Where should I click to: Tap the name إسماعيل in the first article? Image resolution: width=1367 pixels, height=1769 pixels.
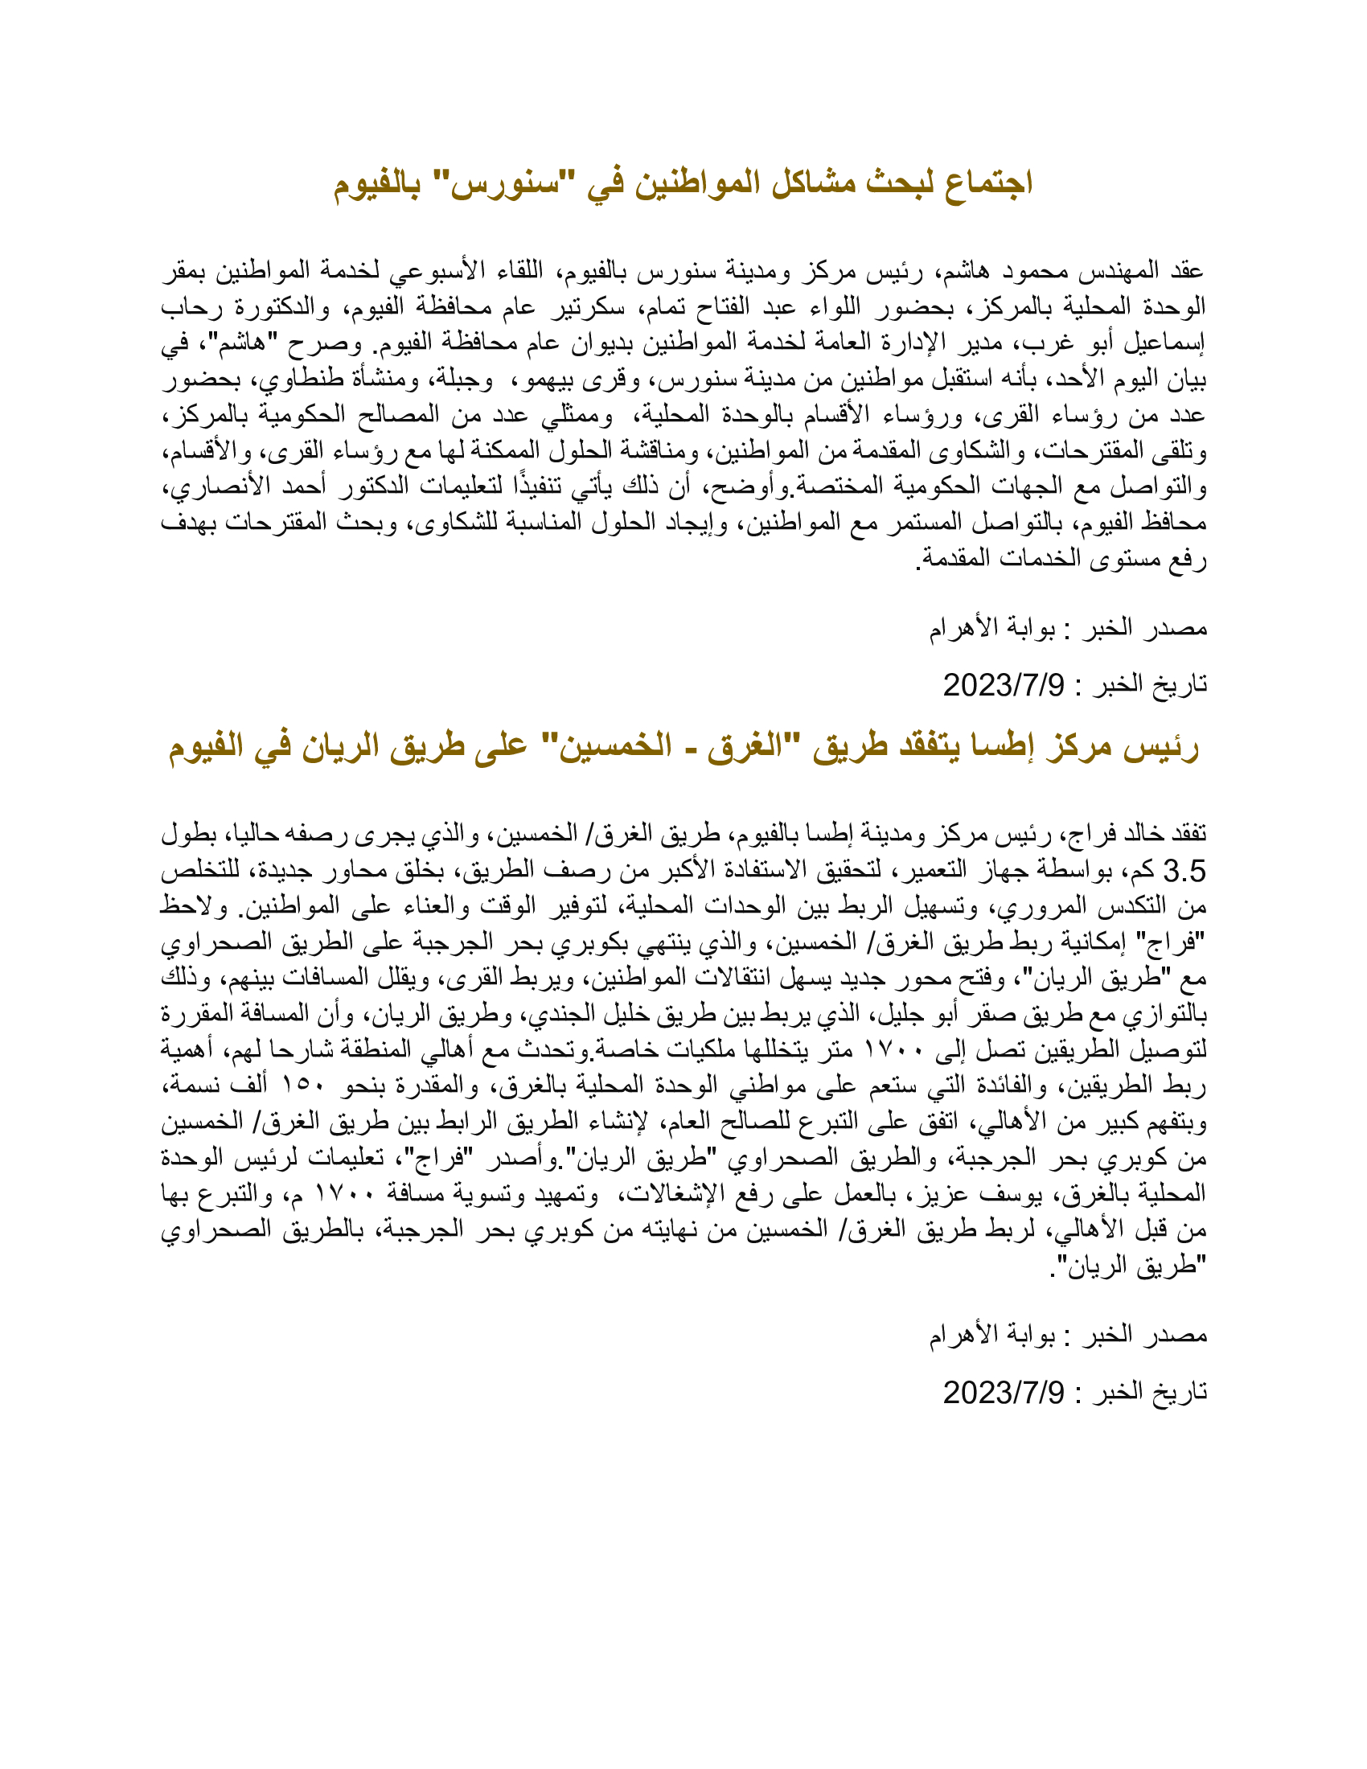coord(1168,343)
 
